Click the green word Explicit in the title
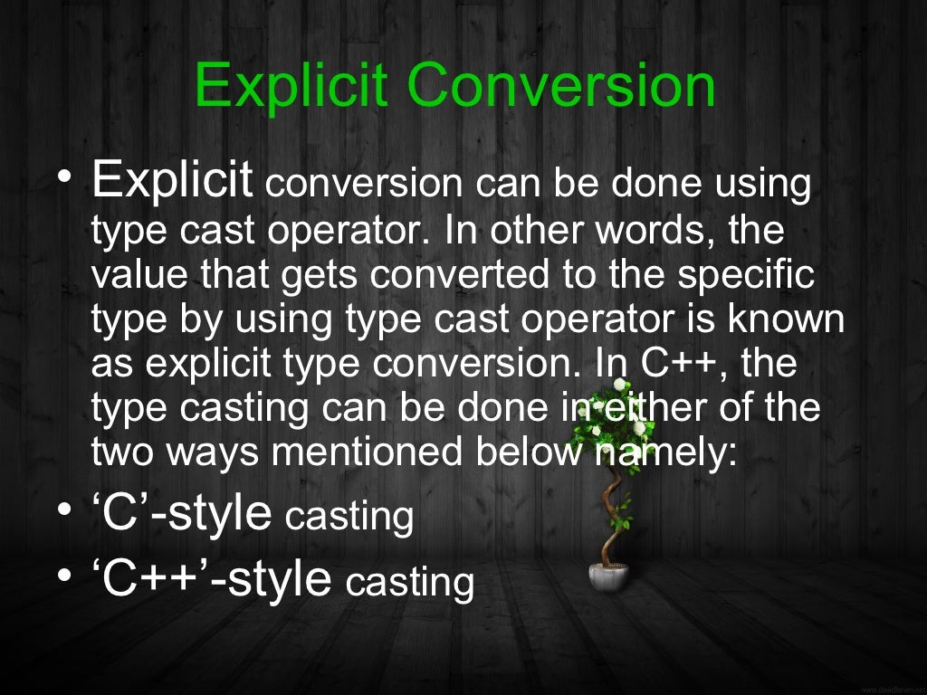click(291, 87)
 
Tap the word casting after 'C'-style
click(349, 518)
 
